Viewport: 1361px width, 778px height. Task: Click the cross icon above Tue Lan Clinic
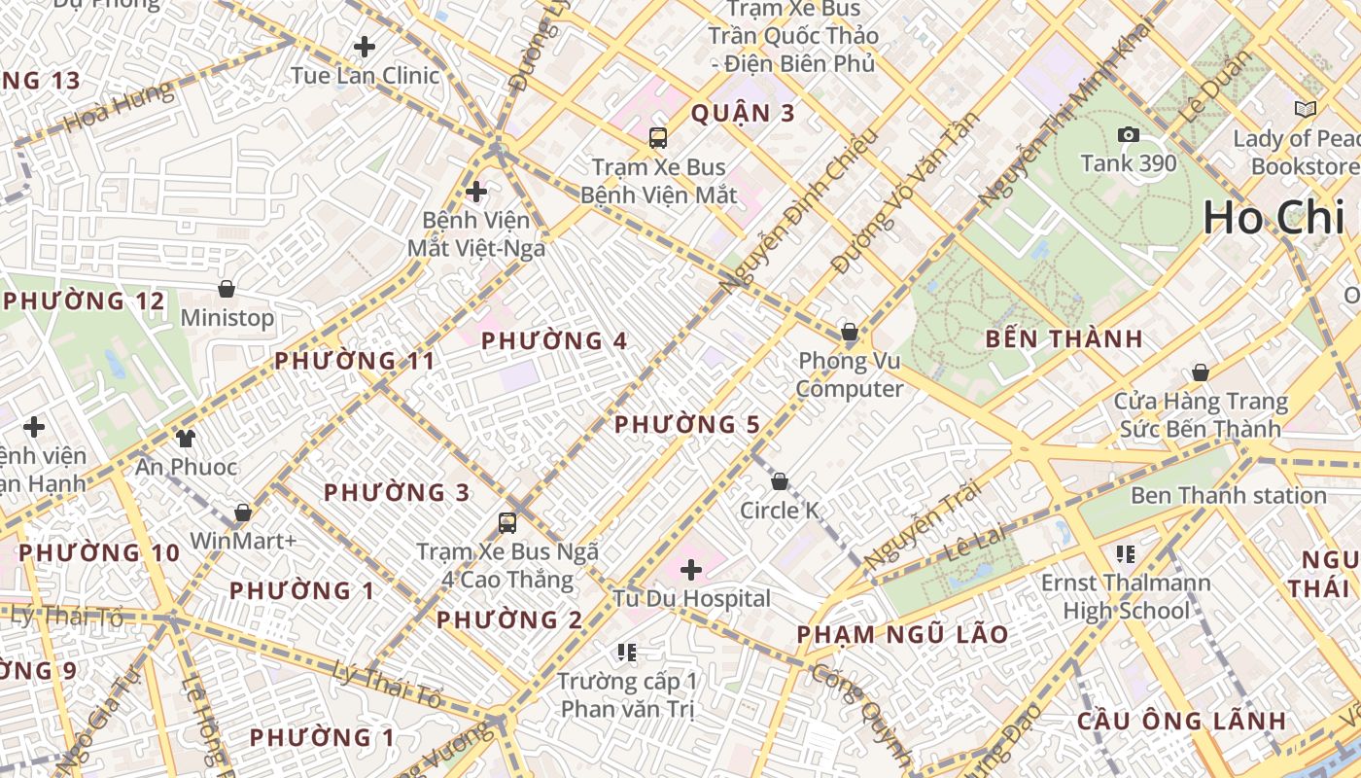(365, 46)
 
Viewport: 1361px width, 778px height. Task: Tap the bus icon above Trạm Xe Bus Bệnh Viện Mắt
(658, 137)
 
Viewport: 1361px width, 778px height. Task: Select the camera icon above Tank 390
(1128, 134)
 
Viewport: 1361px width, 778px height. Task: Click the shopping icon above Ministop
(227, 289)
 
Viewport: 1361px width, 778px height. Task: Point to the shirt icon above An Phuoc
(185, 439)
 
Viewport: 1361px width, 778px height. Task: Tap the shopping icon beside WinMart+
(242, 513)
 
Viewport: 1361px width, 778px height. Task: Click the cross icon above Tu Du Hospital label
(691, 569)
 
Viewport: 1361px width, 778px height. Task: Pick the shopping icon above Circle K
(779, 481)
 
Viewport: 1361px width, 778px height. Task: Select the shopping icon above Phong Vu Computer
(849, 332)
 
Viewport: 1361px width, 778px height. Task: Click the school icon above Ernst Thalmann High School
(1126, 554)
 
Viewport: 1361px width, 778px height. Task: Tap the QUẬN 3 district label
(743, 114)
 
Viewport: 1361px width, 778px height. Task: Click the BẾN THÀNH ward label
(1064, 339)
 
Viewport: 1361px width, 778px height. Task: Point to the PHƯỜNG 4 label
(554, 341)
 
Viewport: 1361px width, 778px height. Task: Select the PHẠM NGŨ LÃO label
(902, 635)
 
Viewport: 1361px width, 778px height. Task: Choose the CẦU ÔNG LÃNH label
(1181, 722)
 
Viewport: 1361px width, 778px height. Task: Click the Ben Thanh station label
(1228, 496)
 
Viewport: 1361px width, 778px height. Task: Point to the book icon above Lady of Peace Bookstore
(1305, 109)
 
